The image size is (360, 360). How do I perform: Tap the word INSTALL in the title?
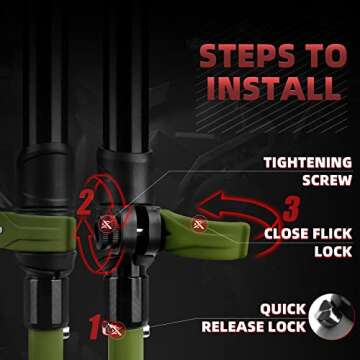(x=274, y=89)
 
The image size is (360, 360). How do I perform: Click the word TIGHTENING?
(x=308, y=163)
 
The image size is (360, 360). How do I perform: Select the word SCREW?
(x=327, y=180)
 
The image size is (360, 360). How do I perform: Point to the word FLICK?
(x=331, y=234)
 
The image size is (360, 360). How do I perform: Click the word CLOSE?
(x=285, y=234)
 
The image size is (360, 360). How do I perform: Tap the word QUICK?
(x=283, y=309)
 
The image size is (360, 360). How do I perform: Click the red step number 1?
(x=94, y=328)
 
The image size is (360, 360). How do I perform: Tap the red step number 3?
(x=291, y=209)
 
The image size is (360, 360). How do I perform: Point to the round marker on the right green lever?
(x=200, y=224)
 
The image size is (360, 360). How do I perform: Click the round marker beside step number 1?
(x=115, y=329)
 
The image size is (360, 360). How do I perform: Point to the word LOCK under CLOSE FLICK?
(x=333, y=252)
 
